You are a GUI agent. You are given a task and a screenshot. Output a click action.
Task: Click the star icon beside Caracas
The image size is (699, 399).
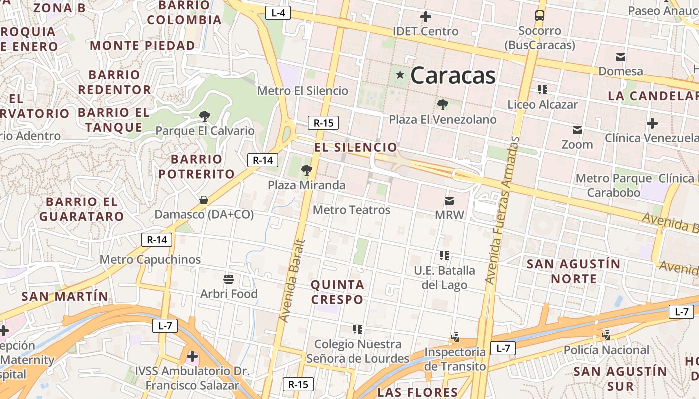[x=400, y=75]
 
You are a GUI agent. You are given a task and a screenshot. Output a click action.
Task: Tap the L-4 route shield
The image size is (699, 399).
[x=278, y=13]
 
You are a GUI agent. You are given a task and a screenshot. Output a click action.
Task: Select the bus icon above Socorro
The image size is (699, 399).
[x=540, y=16]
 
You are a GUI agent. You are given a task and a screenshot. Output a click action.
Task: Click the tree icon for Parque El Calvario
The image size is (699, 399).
[x=204, y=116]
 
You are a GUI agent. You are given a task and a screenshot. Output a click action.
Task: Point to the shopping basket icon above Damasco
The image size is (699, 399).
[x=204, y=200]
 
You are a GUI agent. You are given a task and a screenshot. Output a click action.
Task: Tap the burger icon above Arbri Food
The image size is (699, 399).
[x=229, y=278]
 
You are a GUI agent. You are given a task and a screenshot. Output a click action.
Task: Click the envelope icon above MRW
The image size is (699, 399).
[x=449, y=201]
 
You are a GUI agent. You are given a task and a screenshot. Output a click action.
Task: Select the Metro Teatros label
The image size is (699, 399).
[x=351, y=210]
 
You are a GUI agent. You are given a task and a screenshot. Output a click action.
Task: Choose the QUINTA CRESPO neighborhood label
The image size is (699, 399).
[x=338, y=292]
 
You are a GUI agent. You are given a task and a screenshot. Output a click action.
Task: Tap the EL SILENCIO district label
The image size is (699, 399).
[x=355, y=147]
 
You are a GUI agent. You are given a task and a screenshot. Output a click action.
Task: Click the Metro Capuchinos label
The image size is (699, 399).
[x=150, y=259]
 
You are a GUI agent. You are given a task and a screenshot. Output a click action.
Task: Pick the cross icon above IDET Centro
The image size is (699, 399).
[x=426, y=17]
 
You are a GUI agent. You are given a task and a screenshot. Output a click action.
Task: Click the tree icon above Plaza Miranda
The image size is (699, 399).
[x=307, y=171]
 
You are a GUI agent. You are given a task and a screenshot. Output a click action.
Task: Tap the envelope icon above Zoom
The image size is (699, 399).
[x=577, y=130]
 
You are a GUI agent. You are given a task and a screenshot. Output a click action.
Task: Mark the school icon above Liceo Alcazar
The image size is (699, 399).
[x=543, y=90]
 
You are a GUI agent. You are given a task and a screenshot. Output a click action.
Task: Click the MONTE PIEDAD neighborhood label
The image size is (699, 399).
[x=142, y=46]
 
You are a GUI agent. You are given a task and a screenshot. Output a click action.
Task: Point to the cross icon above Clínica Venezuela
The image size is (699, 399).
[x=652, y=123]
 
